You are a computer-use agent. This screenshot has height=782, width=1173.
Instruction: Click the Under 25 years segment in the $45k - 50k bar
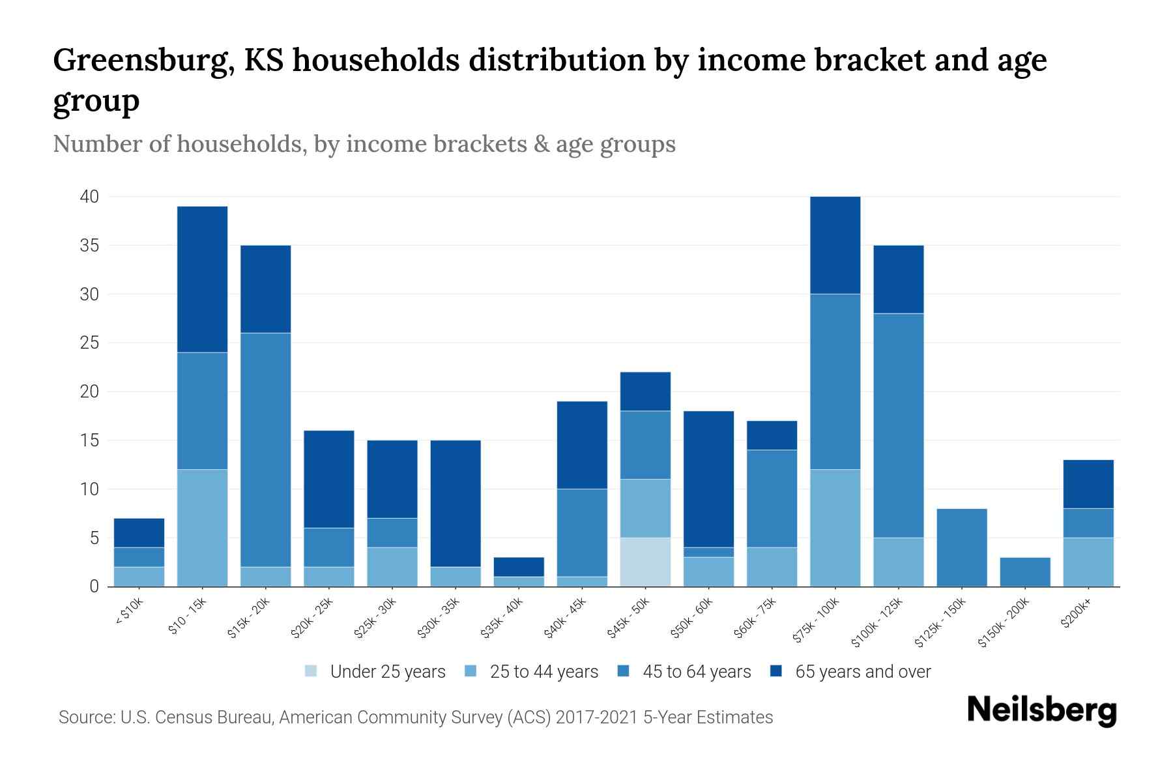click(645, 562)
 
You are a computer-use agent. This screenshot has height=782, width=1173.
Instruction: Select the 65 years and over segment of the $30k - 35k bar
click(456, 503)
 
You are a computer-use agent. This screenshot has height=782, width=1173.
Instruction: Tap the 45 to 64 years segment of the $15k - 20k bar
click(266, 450)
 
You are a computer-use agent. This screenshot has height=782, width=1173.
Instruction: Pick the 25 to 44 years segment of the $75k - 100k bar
click(835, 528)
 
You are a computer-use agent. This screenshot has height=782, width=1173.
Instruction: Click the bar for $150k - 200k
click(1024, 572)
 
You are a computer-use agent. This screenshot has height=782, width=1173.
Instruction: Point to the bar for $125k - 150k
click(961, 547)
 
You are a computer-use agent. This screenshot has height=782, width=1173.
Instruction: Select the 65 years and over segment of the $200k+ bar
click(1088, 484)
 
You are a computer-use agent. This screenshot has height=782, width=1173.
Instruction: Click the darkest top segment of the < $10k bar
click(139, 532)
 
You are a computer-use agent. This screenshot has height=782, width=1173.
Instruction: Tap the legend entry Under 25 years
click(375, 672)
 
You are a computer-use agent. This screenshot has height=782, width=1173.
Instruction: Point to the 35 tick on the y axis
click(90, 246)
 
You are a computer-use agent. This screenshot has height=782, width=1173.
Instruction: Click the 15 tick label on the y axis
click(90, 441)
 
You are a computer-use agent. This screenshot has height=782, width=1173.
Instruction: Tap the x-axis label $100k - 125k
click(877, 622)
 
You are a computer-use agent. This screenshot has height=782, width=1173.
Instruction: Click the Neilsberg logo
click(1041, 710)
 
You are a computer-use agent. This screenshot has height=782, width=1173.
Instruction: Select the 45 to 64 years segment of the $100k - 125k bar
click(898, 425)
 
